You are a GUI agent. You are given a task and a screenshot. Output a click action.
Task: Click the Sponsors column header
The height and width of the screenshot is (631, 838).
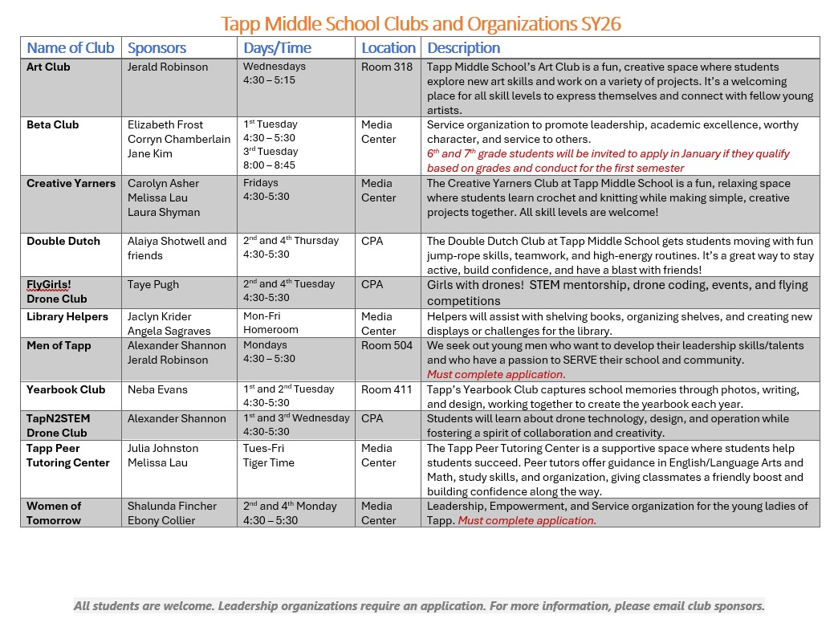pos(157,48)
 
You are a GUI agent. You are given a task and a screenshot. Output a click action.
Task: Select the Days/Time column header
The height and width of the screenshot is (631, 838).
pos(277,48)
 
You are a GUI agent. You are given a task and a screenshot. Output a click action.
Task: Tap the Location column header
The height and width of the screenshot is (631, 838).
pos(388,48)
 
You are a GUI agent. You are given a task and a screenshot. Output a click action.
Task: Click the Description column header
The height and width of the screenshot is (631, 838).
pos(463,48)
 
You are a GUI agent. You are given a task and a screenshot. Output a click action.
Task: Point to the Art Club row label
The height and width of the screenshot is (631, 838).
pos(48,67)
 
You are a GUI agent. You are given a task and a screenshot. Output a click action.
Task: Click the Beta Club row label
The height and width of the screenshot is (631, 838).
pos(53,125)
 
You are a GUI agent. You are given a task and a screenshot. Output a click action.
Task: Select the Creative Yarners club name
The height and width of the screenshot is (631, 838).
pos(71,184)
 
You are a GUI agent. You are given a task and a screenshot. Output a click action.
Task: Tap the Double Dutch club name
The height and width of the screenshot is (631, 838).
pos(63,241)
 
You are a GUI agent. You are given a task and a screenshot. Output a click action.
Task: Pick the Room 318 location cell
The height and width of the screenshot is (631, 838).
pos(387,67)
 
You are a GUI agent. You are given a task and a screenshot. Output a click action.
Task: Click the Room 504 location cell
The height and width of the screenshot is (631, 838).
pos(387,346)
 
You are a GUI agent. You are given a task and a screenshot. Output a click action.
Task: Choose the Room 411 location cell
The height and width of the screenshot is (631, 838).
pos(387,390)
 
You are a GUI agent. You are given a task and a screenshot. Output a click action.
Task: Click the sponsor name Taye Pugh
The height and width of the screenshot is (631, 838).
pos(153,285)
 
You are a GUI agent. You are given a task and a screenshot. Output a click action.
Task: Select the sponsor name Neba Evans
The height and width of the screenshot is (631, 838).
pos(157,390)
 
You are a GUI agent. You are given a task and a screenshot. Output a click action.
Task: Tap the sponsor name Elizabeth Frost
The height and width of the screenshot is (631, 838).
pos(165,125)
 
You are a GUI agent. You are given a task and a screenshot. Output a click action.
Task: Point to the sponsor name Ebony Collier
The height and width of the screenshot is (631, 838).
pos(161,521)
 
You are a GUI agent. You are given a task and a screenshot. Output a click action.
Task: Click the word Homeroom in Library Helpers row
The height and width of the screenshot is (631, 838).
pos(271,331)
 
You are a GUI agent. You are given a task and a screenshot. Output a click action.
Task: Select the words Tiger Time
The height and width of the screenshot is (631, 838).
pos(269,463)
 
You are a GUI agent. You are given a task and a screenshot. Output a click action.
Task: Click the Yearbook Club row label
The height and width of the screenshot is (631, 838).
pos(66,390)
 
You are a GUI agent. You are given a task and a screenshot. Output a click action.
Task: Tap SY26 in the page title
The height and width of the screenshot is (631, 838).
pos(600,24)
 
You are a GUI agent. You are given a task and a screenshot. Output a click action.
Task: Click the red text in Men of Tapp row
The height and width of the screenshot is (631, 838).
pos(496,375)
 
